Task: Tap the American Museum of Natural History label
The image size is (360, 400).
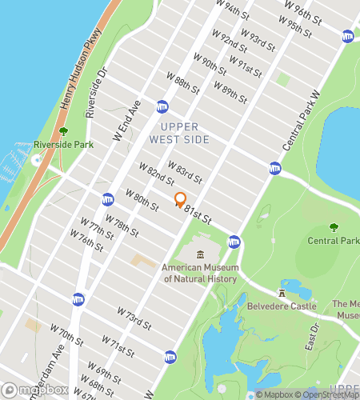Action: (199, 274)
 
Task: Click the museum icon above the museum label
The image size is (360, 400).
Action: (200, 254)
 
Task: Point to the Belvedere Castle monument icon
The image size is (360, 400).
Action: (282, 293)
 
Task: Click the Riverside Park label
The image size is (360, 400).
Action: (64, 145)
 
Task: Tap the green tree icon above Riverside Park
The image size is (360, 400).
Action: (64, 131)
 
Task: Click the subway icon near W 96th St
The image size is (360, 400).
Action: (348, 36)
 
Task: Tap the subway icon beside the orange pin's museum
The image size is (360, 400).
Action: (234, 241)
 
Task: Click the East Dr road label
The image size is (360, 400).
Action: (313, 335)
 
